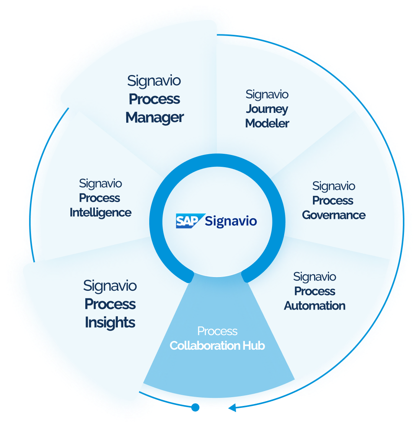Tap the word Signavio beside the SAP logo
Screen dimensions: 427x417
(x=231, y=221)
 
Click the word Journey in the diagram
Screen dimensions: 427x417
(x=267, y=109)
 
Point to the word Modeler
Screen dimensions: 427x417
(x=267, y=123)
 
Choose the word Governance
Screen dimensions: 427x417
(x=334, y=215)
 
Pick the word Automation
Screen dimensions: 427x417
(x=314, y=306)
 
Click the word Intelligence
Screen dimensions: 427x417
(x=100, y=212)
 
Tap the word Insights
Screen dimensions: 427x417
(x=110, y=322)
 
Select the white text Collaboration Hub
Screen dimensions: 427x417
(x=217, y=346)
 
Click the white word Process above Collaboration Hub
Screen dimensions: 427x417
(x=217, y=331)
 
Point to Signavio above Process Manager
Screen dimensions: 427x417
(x=154, y=81)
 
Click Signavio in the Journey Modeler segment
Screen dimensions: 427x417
(x=267, y=94)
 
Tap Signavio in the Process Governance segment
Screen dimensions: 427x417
(x=334, y=186)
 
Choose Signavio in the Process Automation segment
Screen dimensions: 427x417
(x=314, y=276)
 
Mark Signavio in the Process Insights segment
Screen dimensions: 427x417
(x=110, y=285)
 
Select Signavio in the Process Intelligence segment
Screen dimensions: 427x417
(x=100, y=183)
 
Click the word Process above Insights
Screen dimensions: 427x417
(x=110, y=304)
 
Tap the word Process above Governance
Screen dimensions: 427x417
(x=333, y=200)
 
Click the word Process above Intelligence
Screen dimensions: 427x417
(x=99, y=198)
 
